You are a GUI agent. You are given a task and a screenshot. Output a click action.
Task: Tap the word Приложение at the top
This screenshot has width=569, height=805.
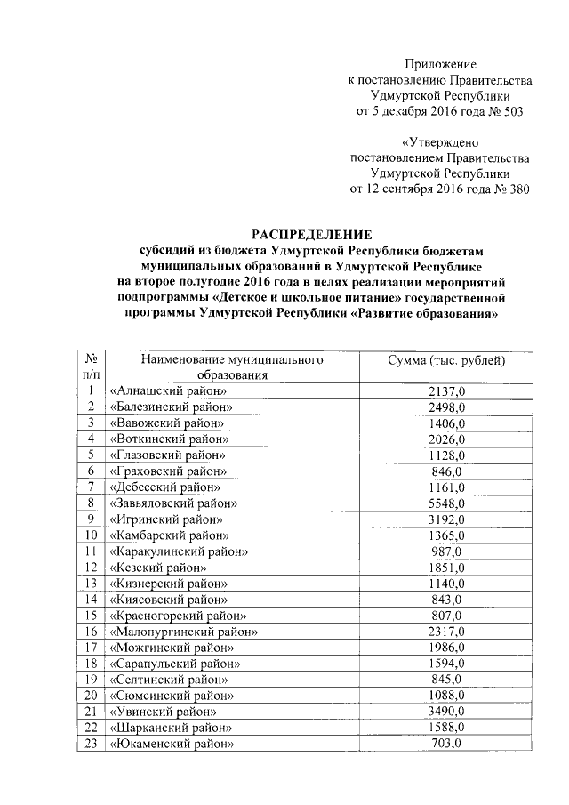441,64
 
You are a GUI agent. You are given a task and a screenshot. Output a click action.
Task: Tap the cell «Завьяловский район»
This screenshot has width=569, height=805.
175,503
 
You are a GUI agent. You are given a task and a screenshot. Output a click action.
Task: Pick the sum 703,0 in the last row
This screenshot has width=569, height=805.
446,743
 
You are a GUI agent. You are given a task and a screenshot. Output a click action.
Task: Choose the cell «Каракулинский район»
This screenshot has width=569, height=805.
178,551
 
